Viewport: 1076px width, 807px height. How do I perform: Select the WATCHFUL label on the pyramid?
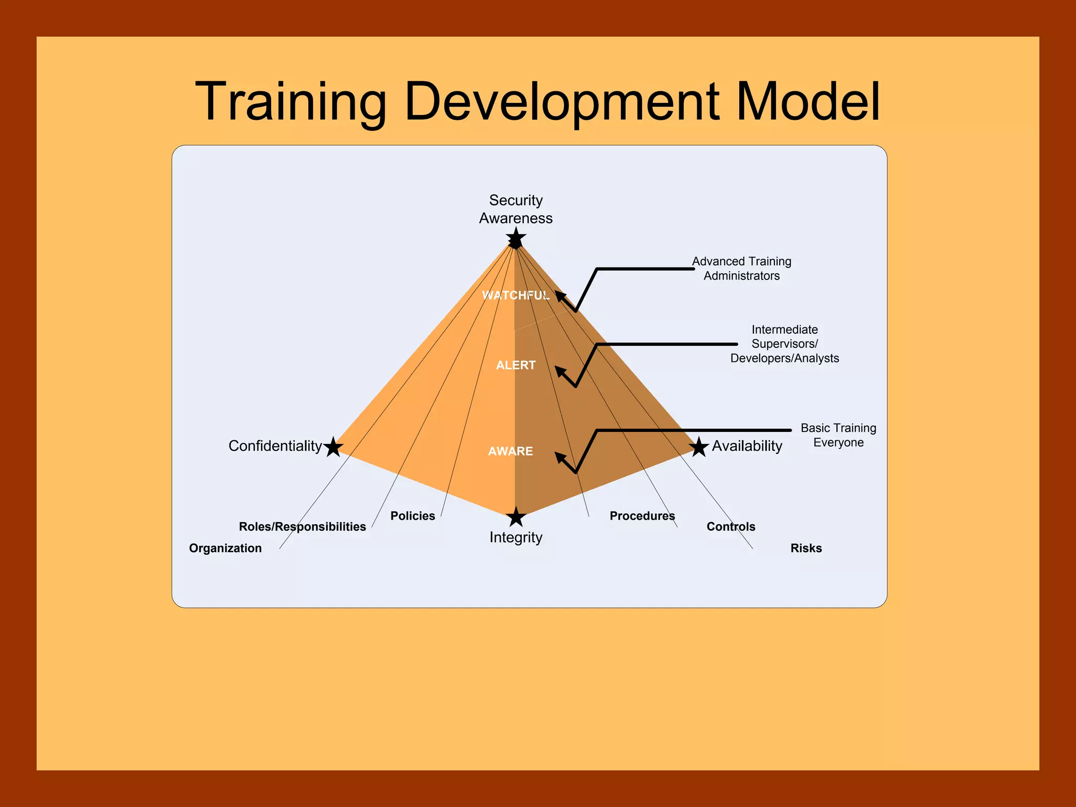[515, 295]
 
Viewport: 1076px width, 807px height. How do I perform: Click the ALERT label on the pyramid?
[515, 365]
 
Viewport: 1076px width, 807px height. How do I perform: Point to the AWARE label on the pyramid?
[510, 451]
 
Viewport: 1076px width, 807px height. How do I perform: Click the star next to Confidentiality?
[333, 447]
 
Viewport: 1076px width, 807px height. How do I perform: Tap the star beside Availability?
[699, 447]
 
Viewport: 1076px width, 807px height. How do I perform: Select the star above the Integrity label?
[516, 517]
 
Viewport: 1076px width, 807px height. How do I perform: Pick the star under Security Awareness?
[516, 238]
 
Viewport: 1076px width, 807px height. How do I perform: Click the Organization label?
[225, 548]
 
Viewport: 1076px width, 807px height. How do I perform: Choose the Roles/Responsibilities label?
[302, 526]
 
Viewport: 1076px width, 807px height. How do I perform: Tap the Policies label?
[412, 516]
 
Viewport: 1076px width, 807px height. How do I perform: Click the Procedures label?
[642, 516]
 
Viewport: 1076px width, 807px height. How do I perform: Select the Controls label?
[730, 526]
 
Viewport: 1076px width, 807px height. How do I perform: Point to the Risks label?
[806, 548]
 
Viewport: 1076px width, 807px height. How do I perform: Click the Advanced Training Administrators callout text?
[741, 268]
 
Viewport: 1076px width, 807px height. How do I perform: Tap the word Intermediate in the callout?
[784, 329]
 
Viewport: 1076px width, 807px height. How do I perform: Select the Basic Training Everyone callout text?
[838, 435]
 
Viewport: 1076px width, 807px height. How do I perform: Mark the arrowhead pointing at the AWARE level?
[560, 457]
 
